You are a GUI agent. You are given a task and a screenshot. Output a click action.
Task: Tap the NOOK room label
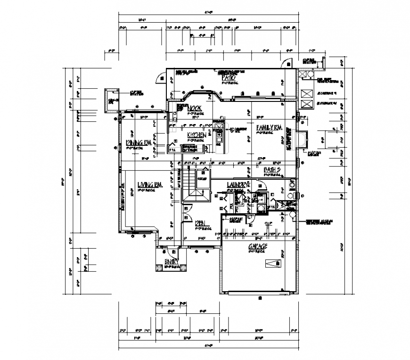point(195,108)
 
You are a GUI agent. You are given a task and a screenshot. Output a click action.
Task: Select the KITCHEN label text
point(196,135)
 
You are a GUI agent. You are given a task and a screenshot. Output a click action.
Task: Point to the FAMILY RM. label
point(269,127)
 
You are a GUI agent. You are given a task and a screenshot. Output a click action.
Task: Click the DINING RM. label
point(138,142)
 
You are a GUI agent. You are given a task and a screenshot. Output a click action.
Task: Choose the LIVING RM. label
point(150,185)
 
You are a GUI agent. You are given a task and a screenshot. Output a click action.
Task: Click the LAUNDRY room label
point(237,184)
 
